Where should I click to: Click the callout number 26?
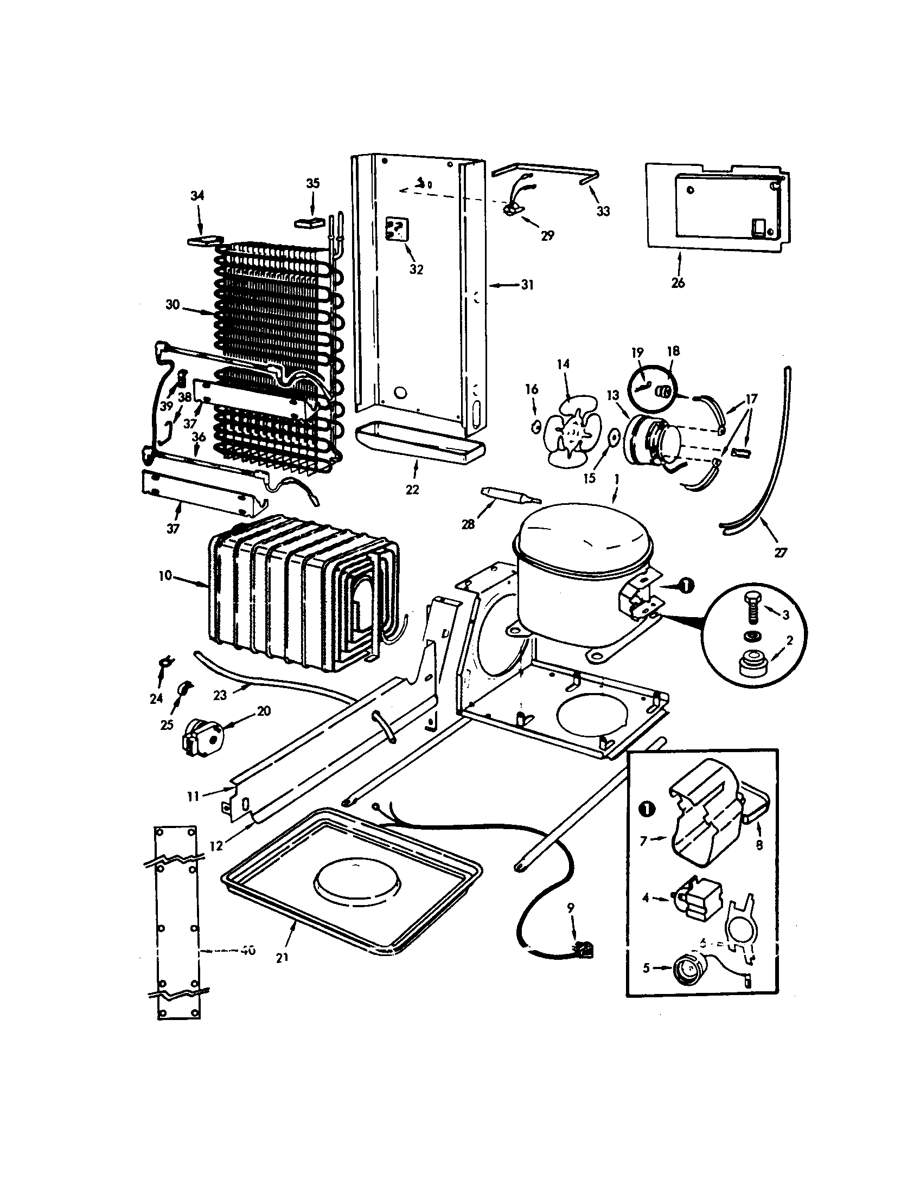pyautogui.click(x=678, y=283)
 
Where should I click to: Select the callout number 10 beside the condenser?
pyautogui.click(x=165, y=575)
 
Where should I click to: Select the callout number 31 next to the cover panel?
pyautogui.click(x=527, y=285)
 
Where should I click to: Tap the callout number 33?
pyautogui.click(x=603, y=211)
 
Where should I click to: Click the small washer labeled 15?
pyautogui.click(x=614, y=437)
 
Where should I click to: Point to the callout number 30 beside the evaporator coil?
pyautogui.click(x=173, y=304)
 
